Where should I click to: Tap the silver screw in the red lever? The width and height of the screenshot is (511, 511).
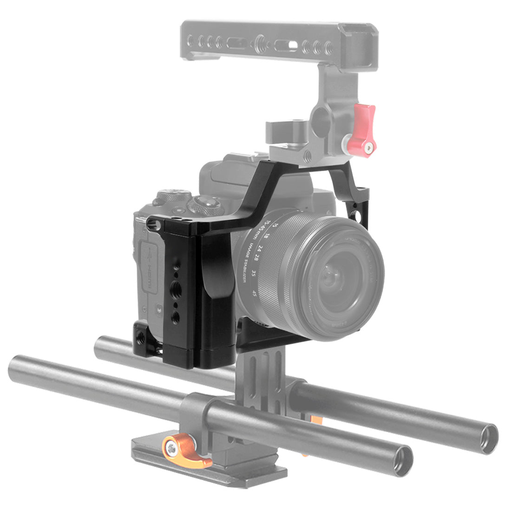[368, 149]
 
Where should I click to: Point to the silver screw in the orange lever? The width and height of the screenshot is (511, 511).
[171, 448]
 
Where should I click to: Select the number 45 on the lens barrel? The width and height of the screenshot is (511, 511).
[254, 293]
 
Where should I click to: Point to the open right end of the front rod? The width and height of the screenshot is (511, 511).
[401, 460]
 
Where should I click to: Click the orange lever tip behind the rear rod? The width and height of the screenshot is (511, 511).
[317, 421]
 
